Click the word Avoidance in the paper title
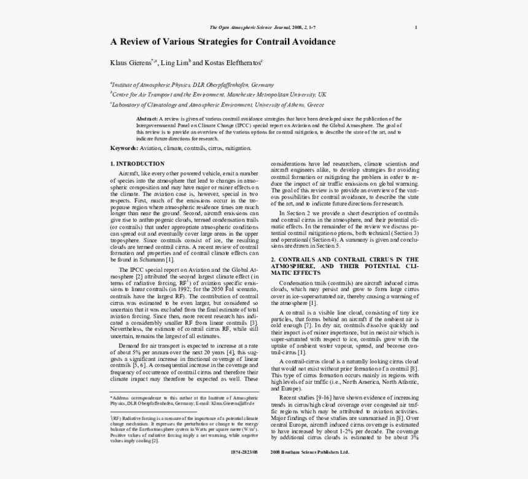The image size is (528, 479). click(x=309, y=42)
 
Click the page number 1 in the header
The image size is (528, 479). click(x=416, y=27)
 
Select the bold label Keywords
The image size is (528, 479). click(x=124, y=148)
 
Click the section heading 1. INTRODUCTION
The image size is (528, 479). click(x=137, y=164)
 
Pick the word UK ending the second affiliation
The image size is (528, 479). click(x=322, y=95)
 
